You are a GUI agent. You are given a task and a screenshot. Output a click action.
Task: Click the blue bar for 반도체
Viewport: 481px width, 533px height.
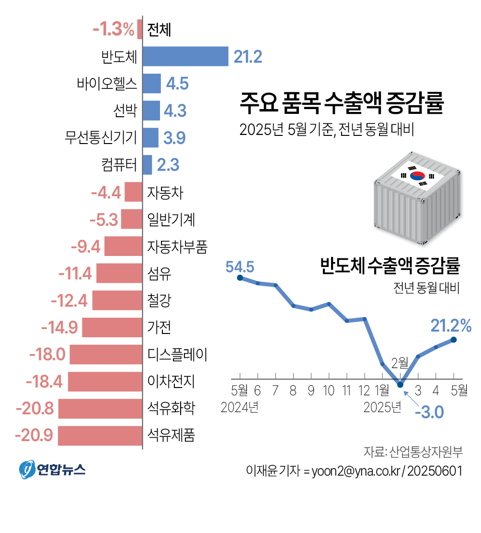(x=185, y=56)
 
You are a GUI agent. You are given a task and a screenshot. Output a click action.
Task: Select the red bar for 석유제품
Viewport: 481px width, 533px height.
(x=100, y=436)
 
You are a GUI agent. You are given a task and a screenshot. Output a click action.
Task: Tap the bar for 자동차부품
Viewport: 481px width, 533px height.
(x=124, y=246)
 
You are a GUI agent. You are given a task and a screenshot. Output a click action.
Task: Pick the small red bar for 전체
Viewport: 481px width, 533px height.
(x=139, y=29)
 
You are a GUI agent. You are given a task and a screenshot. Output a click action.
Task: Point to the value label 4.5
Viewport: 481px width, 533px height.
(x=177, y=84)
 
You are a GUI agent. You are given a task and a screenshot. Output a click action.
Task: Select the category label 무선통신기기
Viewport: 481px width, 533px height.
(x=101, y=138)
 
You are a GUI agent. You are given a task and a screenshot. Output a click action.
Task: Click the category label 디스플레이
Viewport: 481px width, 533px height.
(x=177, y=355)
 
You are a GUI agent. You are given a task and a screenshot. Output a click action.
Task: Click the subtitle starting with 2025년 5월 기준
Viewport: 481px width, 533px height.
(x=327, y=130)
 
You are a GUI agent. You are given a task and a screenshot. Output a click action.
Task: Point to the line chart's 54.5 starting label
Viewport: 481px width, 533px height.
(x=240, y=266)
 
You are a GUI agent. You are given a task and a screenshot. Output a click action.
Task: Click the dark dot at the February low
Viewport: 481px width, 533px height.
(x=401, y=384)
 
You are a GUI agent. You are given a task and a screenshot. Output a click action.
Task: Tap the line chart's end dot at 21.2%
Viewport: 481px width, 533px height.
(x=453, y=340)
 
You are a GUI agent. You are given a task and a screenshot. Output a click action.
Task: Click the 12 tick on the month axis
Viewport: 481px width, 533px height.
(x=365, y=391)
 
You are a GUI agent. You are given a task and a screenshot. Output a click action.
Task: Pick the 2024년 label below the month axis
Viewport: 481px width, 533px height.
(x=240, y=408)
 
